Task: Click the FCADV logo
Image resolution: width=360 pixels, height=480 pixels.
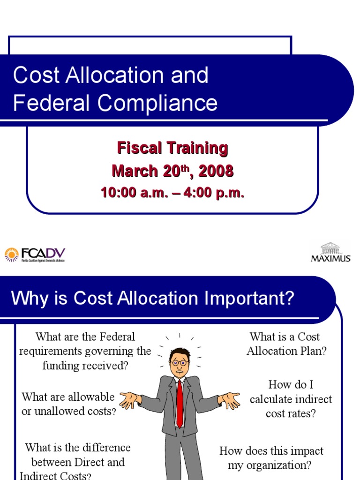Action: (35, 255)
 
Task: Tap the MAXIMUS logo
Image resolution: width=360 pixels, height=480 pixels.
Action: (331, 253)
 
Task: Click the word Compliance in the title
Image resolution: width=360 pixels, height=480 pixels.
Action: (158, 103)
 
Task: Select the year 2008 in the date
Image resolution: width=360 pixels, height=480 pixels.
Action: (216, 171)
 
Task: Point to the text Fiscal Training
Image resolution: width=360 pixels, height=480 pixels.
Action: (172, 148)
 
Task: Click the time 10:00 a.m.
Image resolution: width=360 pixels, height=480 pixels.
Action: (134, 193)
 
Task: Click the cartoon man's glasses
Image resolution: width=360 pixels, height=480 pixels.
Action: (179, 362)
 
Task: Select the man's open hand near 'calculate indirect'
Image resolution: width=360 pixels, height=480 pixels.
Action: (230, 399)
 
